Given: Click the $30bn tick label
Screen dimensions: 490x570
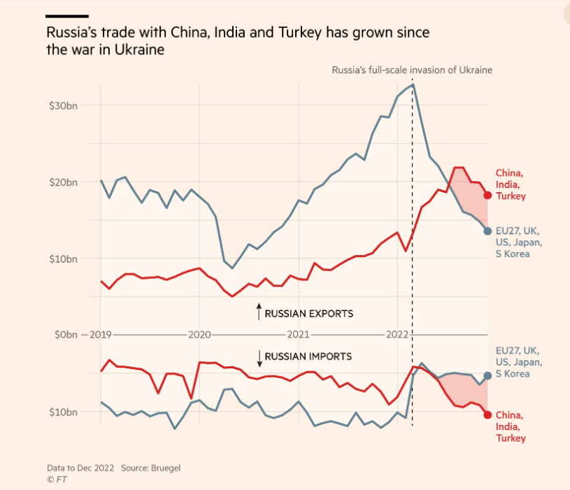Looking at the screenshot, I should coord(62,106).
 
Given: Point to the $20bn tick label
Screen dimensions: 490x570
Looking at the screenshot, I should coord(62,182).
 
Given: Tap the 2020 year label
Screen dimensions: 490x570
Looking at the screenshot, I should coord(199,335).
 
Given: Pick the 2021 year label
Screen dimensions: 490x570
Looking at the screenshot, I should coord(299,335).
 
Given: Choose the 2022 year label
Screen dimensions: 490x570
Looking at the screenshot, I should coord(397,335).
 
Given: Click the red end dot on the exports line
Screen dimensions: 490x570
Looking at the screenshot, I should coord(487,195).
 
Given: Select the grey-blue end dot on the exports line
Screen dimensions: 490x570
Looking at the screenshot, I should coord(487,231).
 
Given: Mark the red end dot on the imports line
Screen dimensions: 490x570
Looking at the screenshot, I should coord(487,415).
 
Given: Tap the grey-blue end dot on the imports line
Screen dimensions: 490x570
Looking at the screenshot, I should coord(487,375).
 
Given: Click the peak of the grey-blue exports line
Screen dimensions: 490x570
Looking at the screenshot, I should coord(413,85).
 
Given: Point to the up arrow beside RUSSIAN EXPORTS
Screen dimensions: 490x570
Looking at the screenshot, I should coord(259,312).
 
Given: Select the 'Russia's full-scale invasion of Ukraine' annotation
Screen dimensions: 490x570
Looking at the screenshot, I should coord(412,71).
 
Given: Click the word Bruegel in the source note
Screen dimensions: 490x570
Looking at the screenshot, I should coord(156,467).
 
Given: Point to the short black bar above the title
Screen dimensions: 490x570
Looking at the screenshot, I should coord(67,15).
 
